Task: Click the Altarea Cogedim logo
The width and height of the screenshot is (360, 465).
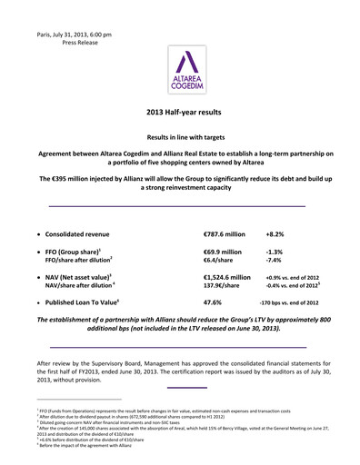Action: pyautogui.click(x=180, y=74)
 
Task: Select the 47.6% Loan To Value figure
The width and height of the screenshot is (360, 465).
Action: pyautogui.click(x=215, y=302)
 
